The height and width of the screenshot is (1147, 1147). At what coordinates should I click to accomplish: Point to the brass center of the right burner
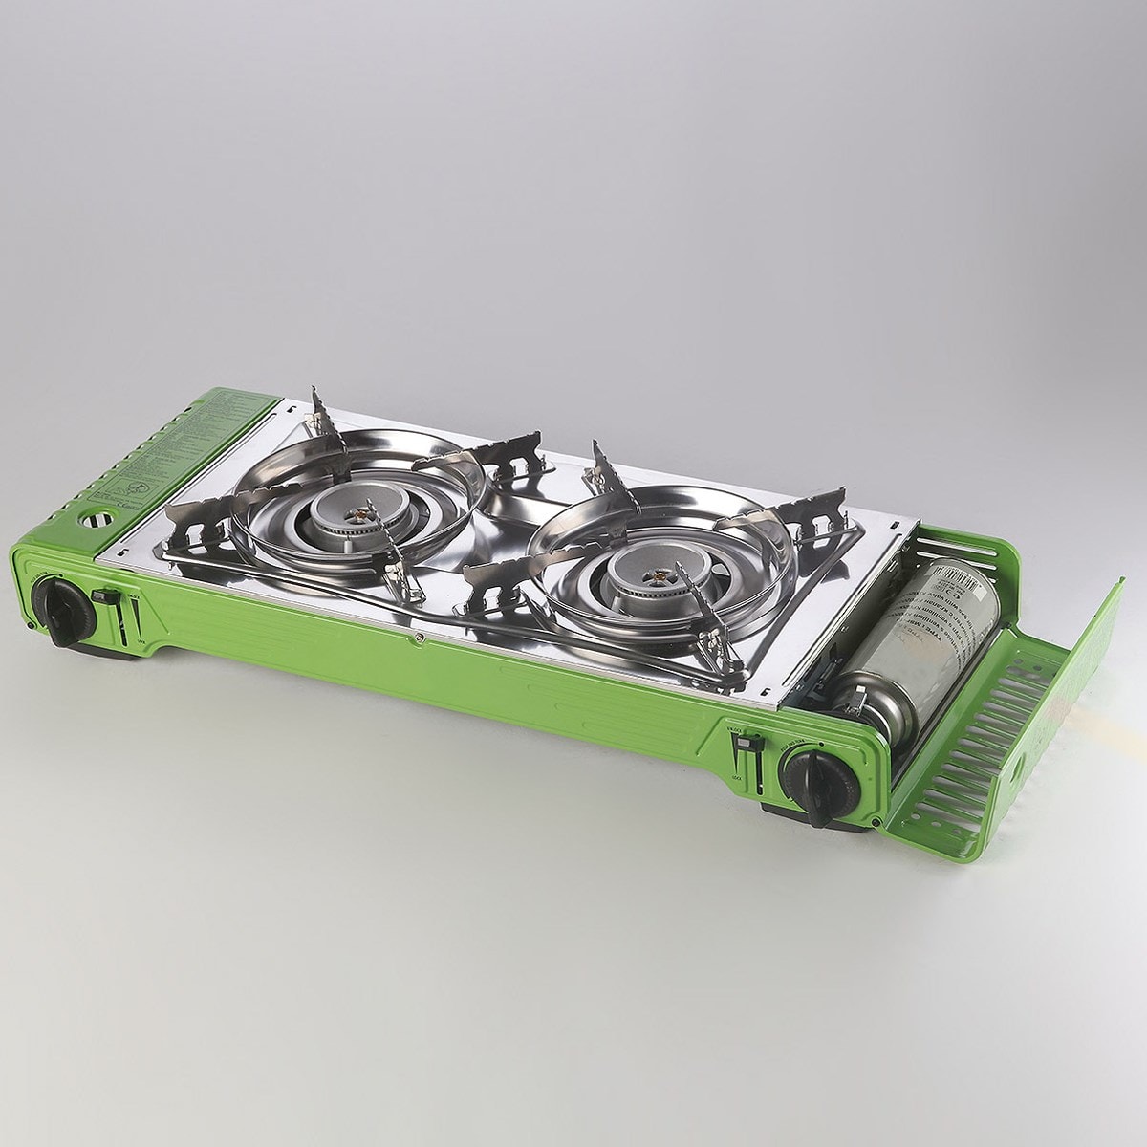658,576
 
